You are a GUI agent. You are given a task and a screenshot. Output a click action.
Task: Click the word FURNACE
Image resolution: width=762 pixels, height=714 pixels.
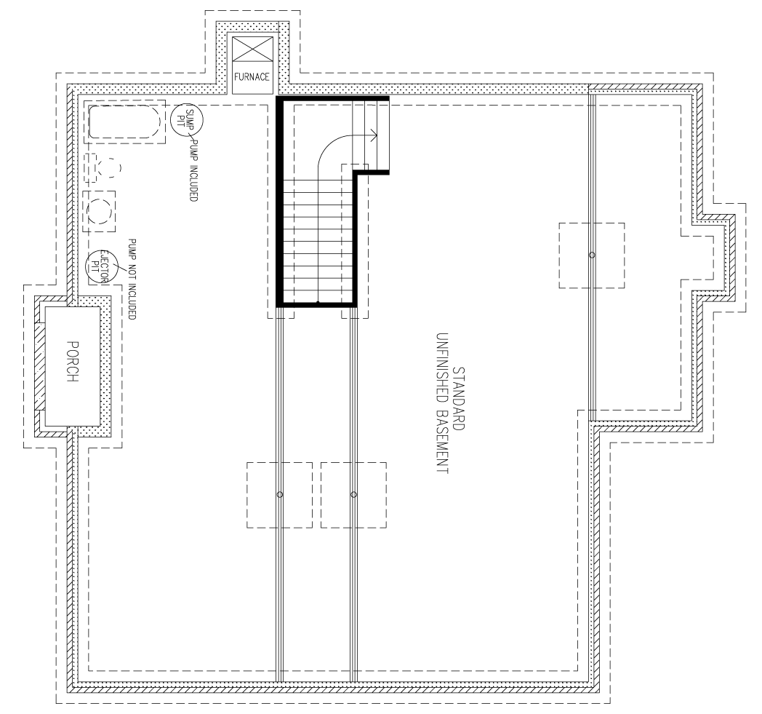(x=252, y=76)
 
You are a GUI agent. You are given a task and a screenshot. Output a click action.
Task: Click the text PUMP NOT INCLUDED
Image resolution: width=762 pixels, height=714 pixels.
(x=132, y=279)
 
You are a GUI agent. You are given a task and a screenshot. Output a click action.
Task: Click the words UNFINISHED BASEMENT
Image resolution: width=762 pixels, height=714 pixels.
(x=441, y=404)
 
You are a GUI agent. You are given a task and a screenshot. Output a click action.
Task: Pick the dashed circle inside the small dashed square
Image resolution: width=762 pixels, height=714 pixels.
(x=100, y=212)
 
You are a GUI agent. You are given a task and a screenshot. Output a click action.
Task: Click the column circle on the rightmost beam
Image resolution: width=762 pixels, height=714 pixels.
(x=591, y=255)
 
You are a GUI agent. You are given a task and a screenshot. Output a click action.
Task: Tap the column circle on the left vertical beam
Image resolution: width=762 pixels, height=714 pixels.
(x=280, y=495)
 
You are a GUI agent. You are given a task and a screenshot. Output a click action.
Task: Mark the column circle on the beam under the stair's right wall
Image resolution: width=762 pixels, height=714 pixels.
(x=354, y=495)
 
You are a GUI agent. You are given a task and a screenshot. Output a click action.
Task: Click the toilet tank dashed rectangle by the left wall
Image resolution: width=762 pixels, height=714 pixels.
(x=91, y=167)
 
